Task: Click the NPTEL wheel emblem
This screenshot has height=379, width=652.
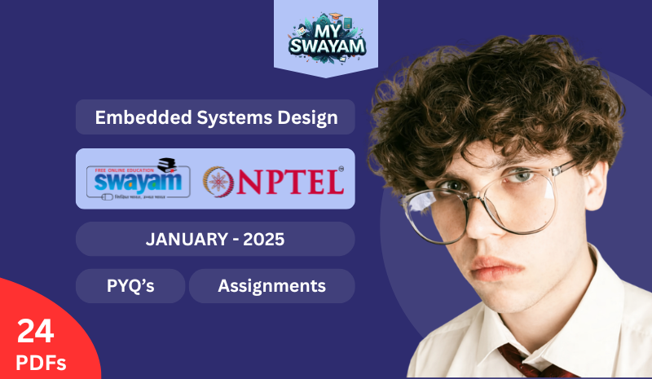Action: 219,181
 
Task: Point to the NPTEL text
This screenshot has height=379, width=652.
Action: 290,182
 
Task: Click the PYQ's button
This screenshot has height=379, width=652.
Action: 130,286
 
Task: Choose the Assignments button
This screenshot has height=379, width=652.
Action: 271,286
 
